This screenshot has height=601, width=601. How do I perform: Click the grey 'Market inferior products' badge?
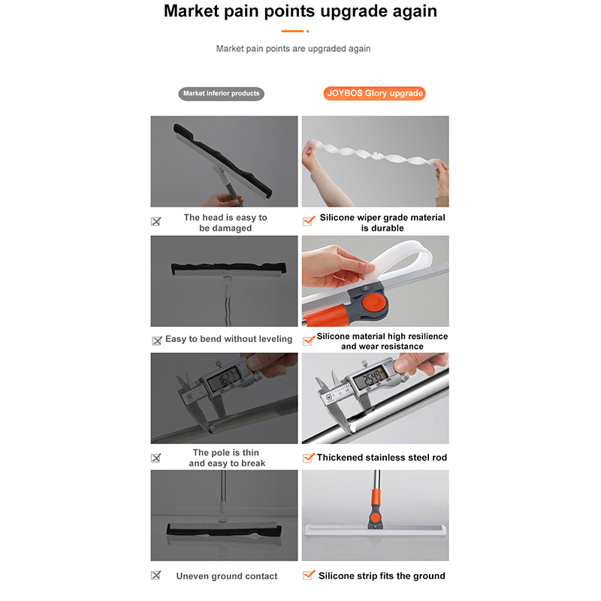pos(221,93)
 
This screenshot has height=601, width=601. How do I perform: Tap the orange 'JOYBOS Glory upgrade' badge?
pos(374,93)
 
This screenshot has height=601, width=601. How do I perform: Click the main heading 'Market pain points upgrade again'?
pos(300,11)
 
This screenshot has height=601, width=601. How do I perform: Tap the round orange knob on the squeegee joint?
pos(373,303)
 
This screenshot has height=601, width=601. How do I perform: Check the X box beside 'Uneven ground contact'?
pos(156,575)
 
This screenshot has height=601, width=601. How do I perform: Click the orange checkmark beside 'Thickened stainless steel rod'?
pos(309,458)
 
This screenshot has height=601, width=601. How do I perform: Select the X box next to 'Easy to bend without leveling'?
pos(157,341)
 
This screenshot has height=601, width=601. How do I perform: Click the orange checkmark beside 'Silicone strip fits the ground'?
pos(309,575)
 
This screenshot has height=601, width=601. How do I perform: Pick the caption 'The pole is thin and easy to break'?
pos(227,458)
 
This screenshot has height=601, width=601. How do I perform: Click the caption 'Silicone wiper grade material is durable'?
pos(382,222)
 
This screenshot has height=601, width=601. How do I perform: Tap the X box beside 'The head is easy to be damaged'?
pos(156,221)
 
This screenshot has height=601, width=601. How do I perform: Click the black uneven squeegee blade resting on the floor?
pos(224,530)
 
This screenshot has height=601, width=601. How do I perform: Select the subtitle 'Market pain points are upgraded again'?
pos(293,49)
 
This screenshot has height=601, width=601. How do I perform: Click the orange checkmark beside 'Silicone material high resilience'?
pos(309,340)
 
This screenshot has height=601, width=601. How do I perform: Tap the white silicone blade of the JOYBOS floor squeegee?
pos(376,530)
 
